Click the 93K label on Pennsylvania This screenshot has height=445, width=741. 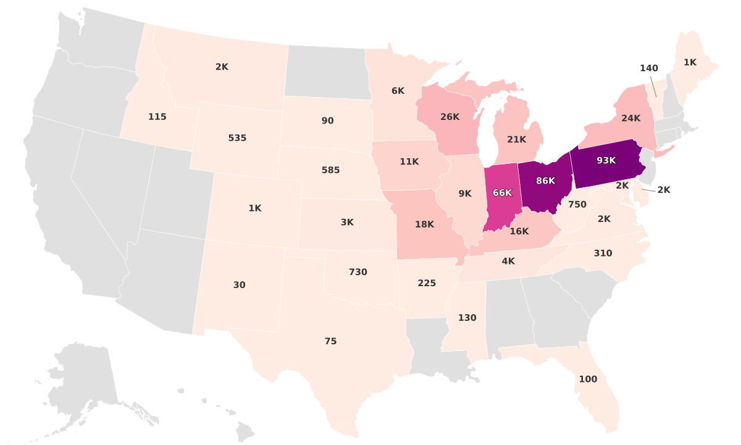[606, 161]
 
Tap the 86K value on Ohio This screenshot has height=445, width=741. [545, 181]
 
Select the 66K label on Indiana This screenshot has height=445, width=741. [502, 193]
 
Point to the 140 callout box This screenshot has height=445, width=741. [649, 68]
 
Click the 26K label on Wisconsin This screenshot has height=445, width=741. [450, 117]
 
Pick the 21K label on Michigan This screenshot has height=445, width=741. [516, 140]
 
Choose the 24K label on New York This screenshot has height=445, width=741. [630, 119]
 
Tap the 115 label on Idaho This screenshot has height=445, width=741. [157, 117]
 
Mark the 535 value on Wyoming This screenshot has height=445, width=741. [237, 138]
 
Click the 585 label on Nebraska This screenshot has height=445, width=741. [330, 170]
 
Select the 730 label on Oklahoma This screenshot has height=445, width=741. [358, 272]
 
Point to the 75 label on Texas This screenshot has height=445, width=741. [330, 341]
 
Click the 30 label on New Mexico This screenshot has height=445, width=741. [239, 285]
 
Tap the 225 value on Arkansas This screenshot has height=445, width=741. [426, 283]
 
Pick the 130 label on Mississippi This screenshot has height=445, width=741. [467, 318]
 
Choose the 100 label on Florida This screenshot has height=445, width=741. [588, 379]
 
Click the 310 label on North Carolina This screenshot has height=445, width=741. [603, 253]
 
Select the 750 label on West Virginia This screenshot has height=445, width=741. [577, 205]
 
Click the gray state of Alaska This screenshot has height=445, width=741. [86, 377]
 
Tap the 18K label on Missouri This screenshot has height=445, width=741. [424, 224]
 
